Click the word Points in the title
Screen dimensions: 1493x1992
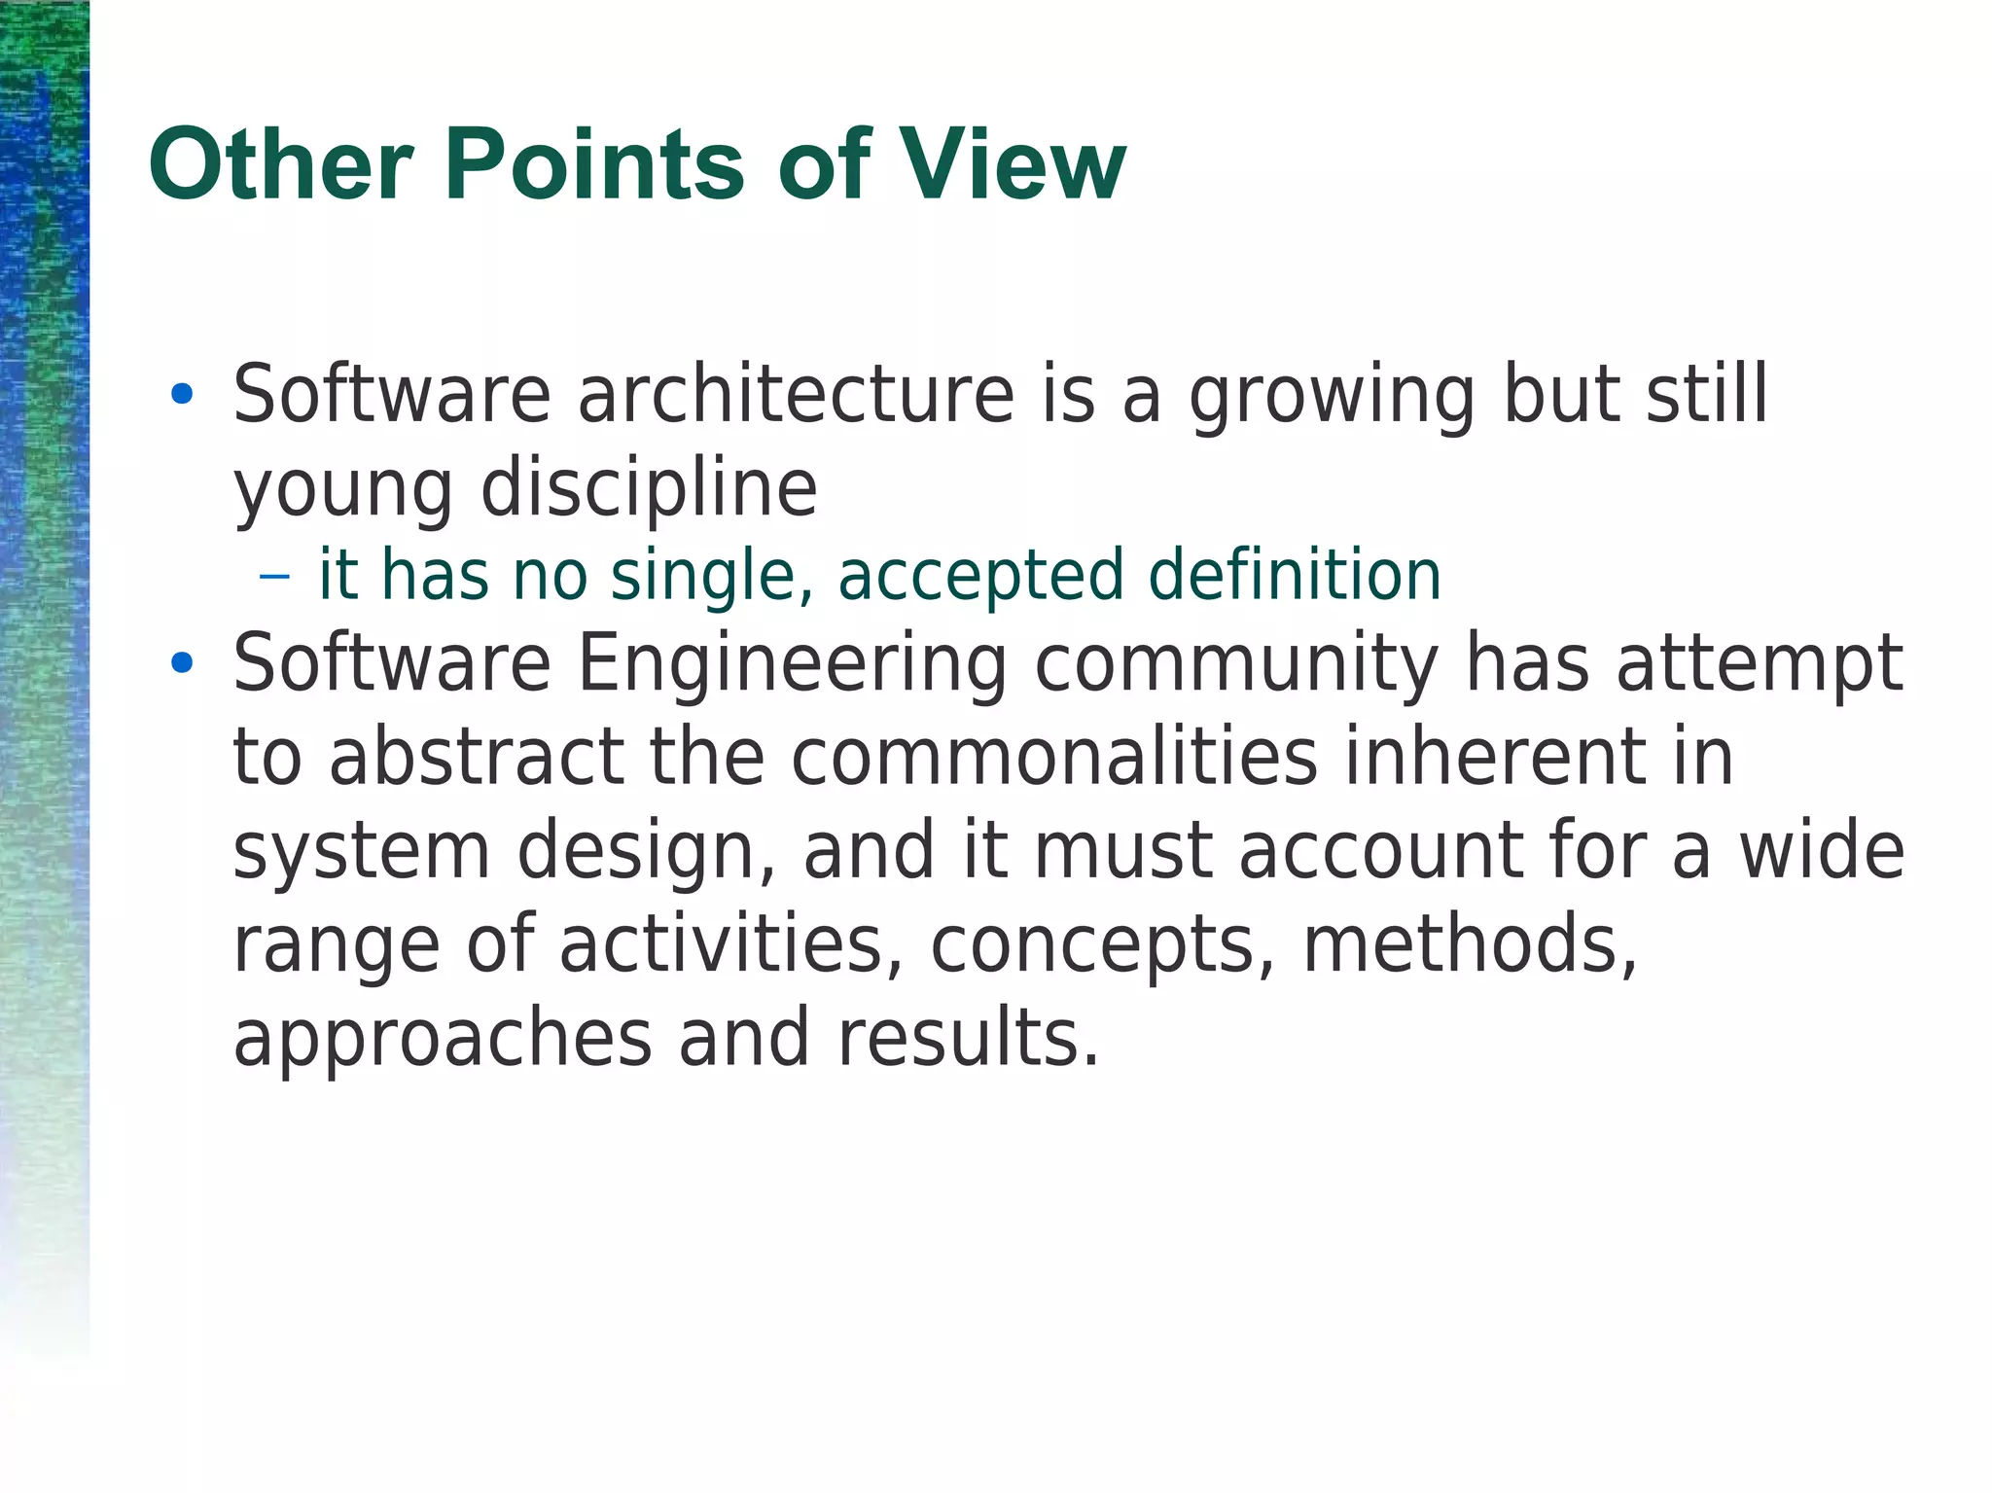[x=599, y=165]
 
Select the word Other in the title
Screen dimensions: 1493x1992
[x=281, y=165]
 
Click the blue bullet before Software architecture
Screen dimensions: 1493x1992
[x=181, y=395]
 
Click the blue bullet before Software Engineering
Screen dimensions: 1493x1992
[x=181, y=663]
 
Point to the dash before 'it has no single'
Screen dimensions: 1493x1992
[x=275, y=576]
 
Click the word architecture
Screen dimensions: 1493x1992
[x=796, y=395]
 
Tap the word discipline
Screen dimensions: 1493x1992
[x=649, y=488]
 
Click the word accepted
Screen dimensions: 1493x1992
[x=980, y=578]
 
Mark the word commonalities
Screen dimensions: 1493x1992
[x=1053, y=757]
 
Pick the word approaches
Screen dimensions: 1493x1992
[x=443, y=1039]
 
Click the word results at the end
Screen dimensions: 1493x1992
[x=968, y=1037]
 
